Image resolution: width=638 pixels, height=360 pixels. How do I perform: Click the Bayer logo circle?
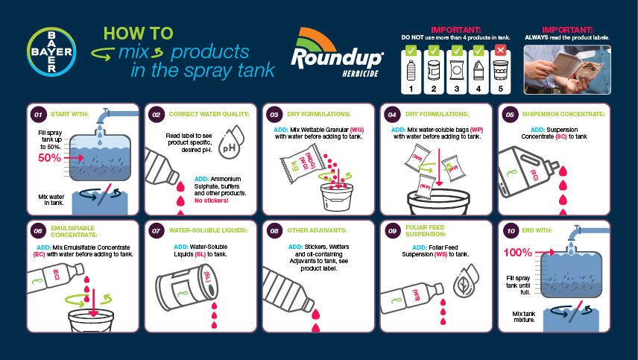point(51,51)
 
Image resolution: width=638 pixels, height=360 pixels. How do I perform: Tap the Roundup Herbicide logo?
point(336,52)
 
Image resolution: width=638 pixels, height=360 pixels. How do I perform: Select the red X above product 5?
point(500,51)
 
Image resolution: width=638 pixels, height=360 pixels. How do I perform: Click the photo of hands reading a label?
point(567,69)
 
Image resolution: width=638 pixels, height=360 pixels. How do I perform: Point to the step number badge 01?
point(38,114)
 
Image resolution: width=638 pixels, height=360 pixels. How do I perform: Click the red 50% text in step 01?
point(50,158)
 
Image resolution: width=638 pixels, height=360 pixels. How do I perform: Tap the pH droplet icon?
point(231,142)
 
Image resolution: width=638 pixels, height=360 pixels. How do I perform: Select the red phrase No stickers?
point(211,200)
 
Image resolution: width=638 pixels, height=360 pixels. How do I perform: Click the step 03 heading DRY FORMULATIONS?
point(318,114)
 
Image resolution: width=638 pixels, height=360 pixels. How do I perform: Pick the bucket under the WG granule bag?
point(336,197)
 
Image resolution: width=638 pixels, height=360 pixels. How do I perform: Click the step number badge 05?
point(510,114)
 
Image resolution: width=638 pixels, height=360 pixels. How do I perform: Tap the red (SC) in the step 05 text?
point(561,136)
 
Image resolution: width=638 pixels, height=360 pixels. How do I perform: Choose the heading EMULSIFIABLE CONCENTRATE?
point(74,232)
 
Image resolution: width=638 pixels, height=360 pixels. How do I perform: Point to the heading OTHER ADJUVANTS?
point(317,230)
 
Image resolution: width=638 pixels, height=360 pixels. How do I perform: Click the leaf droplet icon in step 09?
point(466,280)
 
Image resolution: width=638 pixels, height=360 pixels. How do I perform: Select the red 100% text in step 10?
point(517,253)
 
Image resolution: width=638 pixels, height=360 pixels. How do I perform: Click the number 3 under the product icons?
point(456,88)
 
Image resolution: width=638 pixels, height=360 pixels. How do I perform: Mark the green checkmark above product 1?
point(411,51)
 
